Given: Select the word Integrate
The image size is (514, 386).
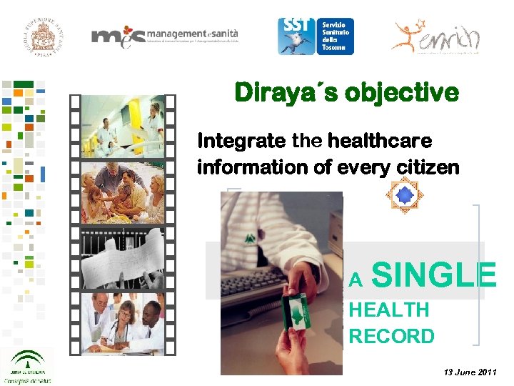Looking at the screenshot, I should click(241, 141).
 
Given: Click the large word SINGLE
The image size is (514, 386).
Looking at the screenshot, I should click(433, 274).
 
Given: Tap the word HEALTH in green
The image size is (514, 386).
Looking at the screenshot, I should click(389, 310).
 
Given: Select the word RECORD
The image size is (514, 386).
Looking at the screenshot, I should click(391, 336).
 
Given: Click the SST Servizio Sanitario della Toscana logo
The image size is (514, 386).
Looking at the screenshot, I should click(316, 36).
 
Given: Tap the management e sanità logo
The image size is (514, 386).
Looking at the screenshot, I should click(165, 36).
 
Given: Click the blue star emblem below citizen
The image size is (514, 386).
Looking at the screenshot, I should click(405, 194).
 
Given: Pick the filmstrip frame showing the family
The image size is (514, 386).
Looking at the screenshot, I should click(123, 191).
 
